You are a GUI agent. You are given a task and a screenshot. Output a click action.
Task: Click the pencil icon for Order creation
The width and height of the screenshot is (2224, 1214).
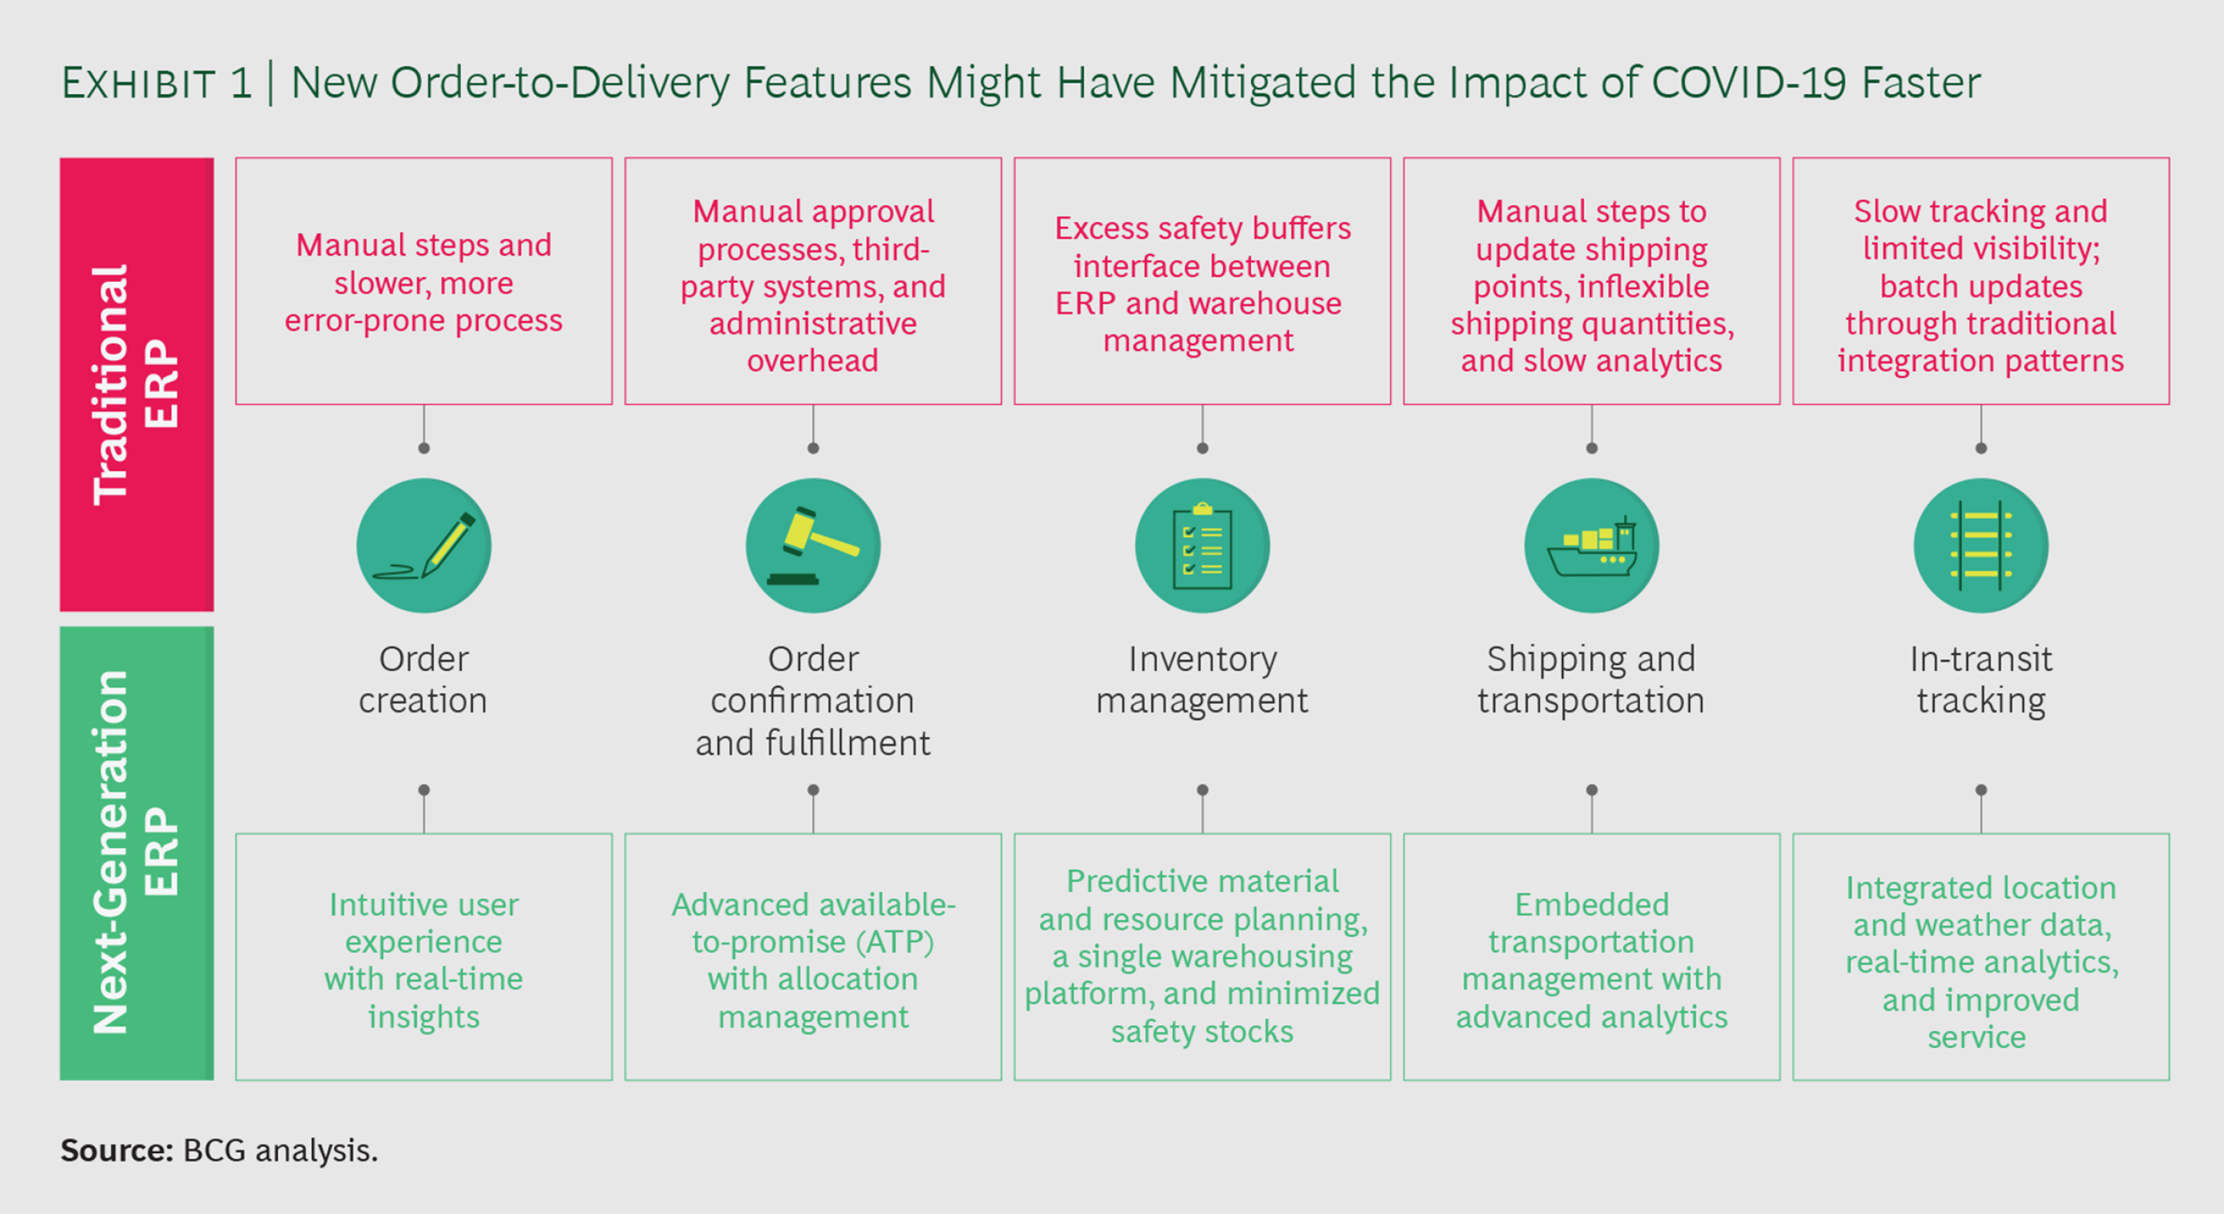(423, 546)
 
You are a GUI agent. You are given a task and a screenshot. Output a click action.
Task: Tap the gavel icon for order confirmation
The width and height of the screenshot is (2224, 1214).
(812, 546)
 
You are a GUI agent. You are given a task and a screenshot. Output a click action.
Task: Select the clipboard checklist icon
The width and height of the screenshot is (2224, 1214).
(1202, 546)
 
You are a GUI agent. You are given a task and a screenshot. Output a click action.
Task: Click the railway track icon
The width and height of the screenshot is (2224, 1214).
(1981, 546)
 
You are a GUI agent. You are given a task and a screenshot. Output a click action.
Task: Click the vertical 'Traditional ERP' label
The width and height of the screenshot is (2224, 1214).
(137, 385)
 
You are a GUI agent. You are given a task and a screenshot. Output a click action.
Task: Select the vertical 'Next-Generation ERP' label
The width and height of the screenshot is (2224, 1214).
(137, 853)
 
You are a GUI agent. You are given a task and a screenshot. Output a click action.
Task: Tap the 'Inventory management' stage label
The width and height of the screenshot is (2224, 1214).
(1202, 680)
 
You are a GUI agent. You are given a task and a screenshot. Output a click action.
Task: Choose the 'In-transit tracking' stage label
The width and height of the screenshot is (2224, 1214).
(1981, 680)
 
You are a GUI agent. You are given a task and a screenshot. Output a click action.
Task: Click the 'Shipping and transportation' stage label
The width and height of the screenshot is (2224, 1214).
(1591, 680)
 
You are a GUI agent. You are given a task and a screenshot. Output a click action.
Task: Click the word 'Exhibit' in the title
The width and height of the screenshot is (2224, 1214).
(138, 83)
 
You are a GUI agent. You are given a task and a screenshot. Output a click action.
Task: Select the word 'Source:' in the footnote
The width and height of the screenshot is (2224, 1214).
(117, 1150)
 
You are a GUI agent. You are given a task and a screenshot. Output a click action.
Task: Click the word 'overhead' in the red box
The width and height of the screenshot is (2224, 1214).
(812, 360)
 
